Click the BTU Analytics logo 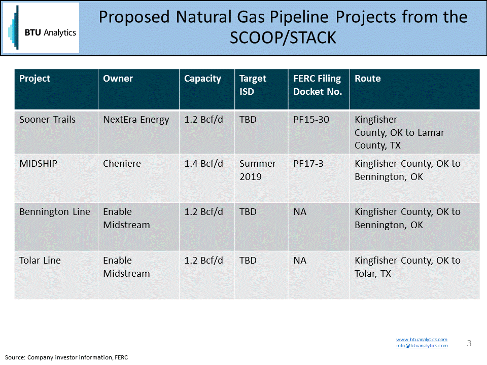coord(41,28)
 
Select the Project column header coord(35,79)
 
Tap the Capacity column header coord(202,79)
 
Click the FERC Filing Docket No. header coord(318,85)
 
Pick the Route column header coord(367,79)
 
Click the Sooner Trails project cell coord(47,120)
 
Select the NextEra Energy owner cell coord(136,120)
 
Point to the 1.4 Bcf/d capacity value coord(203,164)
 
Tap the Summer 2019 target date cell coord(258,170)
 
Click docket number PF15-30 coord(311,120)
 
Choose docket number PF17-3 coord(308,164)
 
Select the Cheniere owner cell coord(122,164)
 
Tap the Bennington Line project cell coord(55,212)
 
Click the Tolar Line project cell coord(40,261)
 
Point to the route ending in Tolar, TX coord(407,267)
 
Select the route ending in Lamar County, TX coord(399,132)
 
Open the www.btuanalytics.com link coord(422,339)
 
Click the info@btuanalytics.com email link coord(422,346)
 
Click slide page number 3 coord(469,343)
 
